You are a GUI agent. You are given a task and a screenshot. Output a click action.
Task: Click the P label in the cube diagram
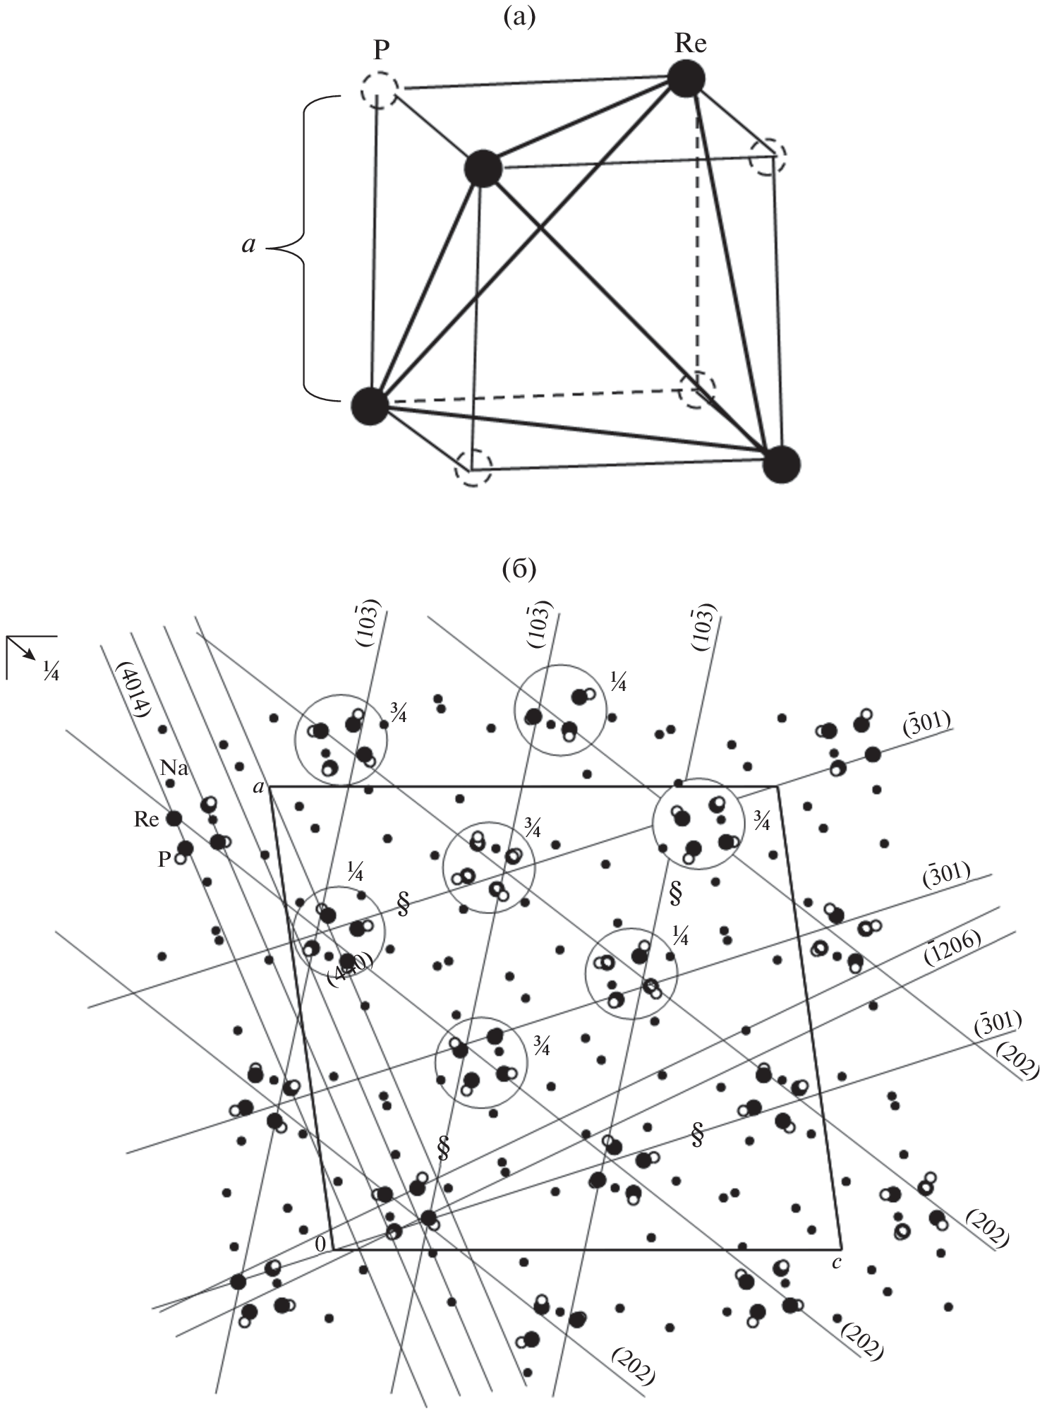383,51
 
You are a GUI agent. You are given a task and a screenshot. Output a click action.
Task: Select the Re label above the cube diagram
690,44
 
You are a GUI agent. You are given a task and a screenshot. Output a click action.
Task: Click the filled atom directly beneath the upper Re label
686,78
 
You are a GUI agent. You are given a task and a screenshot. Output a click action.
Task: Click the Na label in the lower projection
175,768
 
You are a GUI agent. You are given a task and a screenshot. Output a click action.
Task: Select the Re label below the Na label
146,819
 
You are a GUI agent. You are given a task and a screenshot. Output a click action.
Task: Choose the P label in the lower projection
164,860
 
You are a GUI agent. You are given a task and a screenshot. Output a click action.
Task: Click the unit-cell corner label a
259,787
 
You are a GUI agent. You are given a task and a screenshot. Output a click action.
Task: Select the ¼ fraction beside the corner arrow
50,672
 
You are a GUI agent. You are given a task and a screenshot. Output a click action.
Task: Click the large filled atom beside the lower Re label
173,819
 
